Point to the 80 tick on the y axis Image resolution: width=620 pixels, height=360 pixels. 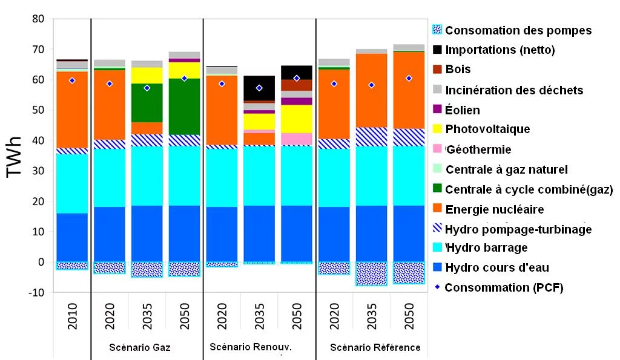click(39, 19)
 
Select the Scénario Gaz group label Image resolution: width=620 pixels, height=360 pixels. click(139, 347)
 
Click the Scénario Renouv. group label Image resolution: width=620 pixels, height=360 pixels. click(251, 347)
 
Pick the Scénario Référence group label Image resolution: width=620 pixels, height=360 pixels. click(375, 347)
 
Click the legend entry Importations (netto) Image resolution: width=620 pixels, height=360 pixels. click(500, 50)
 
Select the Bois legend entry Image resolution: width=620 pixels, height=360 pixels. click(458, 70)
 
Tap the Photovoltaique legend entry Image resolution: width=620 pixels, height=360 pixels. click(487, 129)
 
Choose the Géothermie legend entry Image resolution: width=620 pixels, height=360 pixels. click(478, 149)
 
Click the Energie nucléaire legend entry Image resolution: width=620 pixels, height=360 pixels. click(494, 209)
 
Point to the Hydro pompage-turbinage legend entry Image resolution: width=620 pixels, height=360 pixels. click(518, 229)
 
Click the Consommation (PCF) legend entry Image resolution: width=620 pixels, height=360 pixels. click(504, 287)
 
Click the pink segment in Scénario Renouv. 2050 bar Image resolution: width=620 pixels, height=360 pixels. click(297, 139)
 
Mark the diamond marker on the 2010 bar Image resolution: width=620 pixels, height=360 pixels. click(72, 80)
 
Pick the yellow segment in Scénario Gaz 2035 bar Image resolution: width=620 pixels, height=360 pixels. click(147, 76)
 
